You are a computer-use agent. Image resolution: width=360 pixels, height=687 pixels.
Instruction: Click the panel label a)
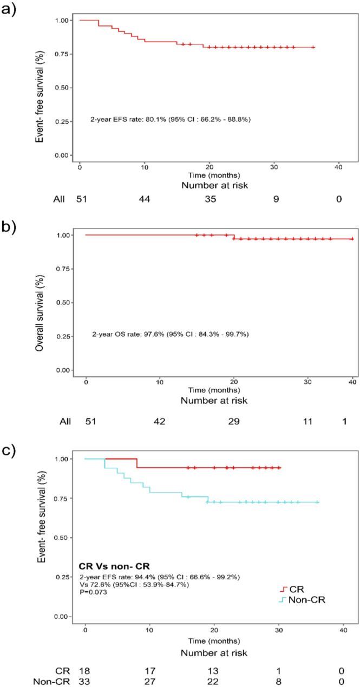9,10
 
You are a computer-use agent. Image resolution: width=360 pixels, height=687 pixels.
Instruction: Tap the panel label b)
9,227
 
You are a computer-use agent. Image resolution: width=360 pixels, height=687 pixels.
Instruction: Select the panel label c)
9,450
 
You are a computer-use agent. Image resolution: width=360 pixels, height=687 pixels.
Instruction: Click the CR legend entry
292,589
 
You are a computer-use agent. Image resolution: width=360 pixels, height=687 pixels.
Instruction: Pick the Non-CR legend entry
302,600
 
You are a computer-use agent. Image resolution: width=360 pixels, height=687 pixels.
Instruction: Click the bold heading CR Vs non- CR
114,566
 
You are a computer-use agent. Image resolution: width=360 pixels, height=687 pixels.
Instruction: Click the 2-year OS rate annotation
170,334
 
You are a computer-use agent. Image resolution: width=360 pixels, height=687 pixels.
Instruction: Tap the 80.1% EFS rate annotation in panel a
170,119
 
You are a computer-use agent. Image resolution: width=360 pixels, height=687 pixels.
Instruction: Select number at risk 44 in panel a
145,199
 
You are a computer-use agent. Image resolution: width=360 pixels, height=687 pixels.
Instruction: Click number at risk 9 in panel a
276,199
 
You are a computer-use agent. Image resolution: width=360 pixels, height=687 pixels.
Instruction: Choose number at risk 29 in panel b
234,421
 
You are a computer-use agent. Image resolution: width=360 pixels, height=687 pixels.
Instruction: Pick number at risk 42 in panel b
160,421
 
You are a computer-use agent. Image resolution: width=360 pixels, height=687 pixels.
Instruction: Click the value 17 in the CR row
150,671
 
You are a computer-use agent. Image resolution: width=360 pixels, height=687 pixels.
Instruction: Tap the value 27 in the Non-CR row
150,682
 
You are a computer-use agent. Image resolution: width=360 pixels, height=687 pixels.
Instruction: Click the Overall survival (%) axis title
40,313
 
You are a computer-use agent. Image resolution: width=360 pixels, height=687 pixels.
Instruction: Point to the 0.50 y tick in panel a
61,88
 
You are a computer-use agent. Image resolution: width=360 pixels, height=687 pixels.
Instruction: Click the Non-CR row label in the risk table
51,682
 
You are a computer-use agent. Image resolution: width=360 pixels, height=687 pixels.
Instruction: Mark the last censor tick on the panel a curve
313,47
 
